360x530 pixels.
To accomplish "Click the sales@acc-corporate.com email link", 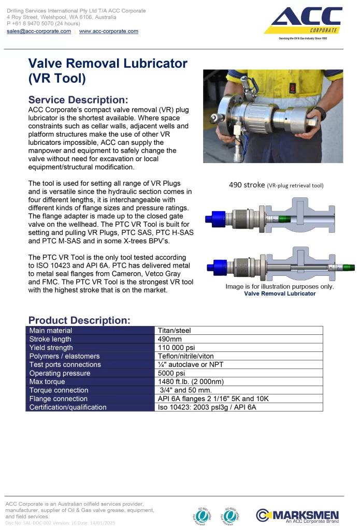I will click(x=39, y=31).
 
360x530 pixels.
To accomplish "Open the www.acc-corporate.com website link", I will click(x=108, y=31).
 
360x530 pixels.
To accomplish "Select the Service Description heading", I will click(x=78, y=100).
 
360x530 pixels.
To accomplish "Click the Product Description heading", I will click(x=79, y=320).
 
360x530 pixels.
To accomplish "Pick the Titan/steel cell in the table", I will click(x=175, y=331).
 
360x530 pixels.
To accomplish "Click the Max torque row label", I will click(x=48, y=382).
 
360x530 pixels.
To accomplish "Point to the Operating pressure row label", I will click(x=60, y=373).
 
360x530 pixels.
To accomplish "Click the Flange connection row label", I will click(x=58, y=399).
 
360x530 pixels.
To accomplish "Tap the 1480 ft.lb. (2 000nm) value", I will click(x=191, y=382).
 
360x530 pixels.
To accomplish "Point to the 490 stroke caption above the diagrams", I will click(x=276, y=185).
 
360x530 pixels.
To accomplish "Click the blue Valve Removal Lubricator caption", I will click(x=280, y=293).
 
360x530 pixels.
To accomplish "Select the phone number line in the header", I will click(x=44, y=23).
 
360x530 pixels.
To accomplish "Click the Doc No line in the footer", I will click(x=60, y=523).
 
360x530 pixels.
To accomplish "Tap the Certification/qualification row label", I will click(x=68, y=407).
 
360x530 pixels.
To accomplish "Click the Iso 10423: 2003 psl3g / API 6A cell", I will click(x=207, y=407).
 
